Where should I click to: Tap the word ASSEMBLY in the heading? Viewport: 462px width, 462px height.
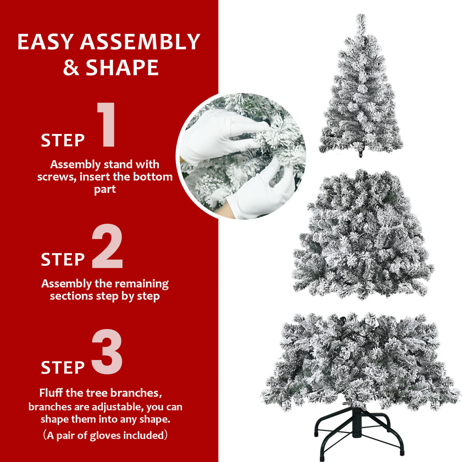click(140, 42)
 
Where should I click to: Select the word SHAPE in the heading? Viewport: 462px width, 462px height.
click(122, 67)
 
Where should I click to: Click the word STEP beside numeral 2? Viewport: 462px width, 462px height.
click(63, 259)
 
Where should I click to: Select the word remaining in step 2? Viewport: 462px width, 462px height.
click(141, 284)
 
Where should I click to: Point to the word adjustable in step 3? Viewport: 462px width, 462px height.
click(119, 407)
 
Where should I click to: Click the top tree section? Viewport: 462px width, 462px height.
click(361, 99)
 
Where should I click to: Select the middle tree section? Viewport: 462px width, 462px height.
click(362, 235)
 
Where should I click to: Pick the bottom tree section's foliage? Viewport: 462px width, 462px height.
click(361, 356)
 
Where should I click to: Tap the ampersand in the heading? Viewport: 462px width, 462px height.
click(71, 67)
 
